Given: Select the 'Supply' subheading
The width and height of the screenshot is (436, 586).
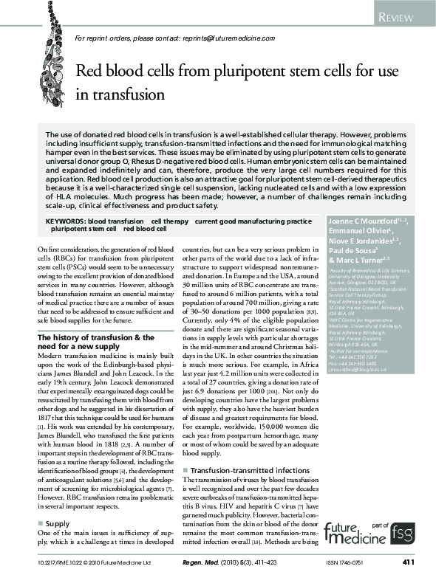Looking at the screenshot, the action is (x=58, y=502).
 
